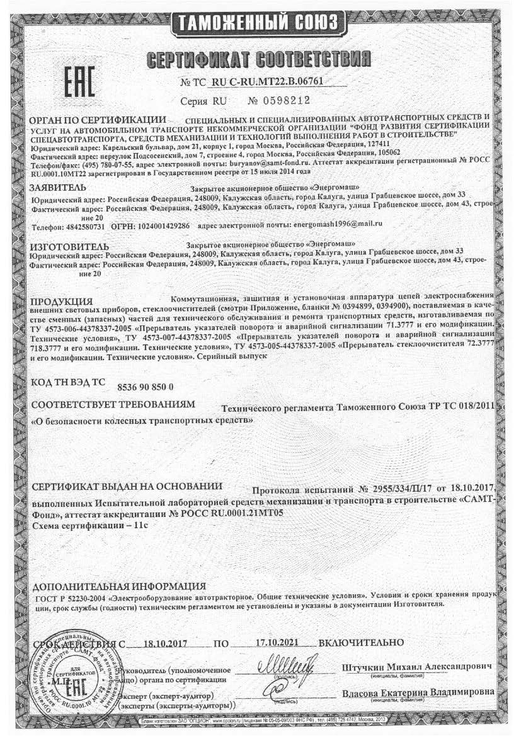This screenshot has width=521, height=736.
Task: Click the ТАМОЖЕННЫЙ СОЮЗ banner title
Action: pos(258,23)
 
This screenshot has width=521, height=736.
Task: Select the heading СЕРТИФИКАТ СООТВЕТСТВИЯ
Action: pos(258,60)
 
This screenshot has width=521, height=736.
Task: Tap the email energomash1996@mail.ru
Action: pos(338,224)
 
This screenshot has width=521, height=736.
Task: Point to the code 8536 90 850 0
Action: pos(146,386)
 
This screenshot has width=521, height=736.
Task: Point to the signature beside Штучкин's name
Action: pos(284,664)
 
